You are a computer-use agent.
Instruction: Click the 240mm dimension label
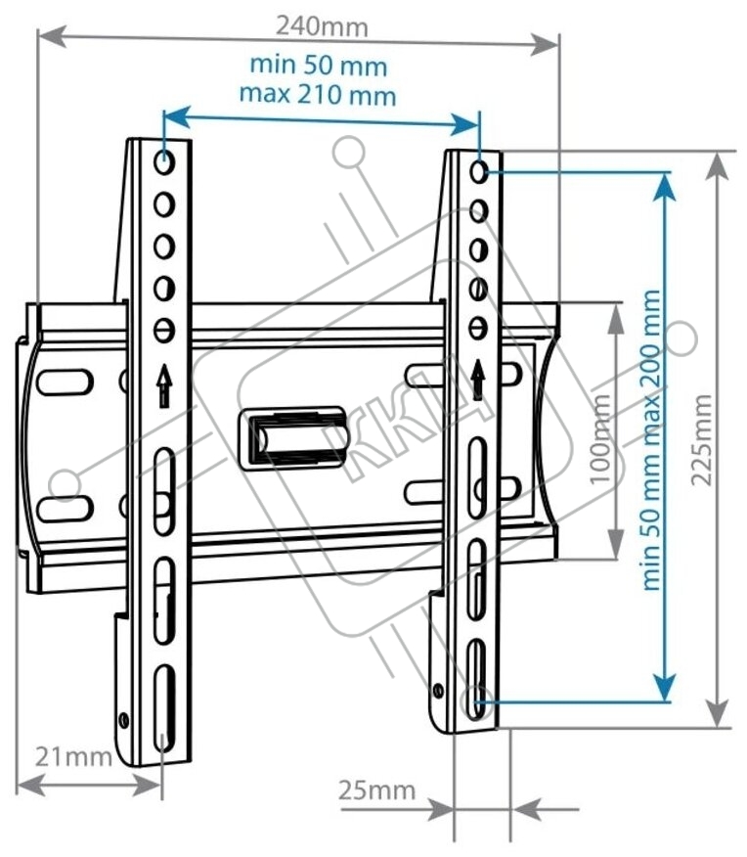[322, 26]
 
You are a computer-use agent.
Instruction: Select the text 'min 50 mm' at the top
[319, 66]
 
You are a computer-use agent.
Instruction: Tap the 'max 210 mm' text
[318, 95]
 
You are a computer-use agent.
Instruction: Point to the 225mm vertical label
[702, 439]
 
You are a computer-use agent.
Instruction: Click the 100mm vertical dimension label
[600, 437]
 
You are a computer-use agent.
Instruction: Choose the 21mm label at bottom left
[73, 757]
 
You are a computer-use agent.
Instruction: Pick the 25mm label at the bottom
[376, 789]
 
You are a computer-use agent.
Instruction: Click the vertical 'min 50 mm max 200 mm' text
[651, 440]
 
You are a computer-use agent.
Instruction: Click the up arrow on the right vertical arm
[478, 380]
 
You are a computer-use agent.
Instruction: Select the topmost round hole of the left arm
[164, 162]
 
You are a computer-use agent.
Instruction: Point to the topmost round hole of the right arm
[478, 172]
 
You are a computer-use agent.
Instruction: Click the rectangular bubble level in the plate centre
[292, 437]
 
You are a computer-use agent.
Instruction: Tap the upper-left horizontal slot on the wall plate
[65, 383]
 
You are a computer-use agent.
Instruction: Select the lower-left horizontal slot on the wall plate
[65, 509]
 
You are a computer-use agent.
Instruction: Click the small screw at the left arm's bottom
[124, 720]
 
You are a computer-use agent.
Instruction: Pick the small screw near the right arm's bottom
[438, 691]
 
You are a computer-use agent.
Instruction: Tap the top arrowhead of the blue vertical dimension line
[664, 187]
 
